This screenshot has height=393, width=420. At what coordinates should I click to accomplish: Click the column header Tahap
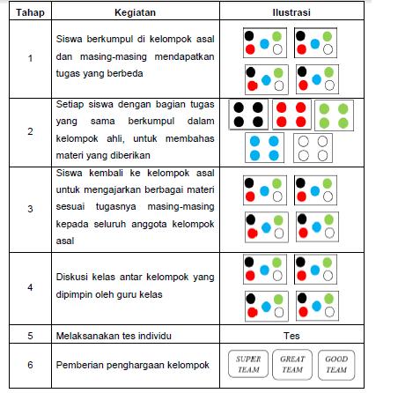[30, 13]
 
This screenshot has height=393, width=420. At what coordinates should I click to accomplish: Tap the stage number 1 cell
[30, 60]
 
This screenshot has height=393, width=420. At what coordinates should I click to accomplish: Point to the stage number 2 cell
[30, 131]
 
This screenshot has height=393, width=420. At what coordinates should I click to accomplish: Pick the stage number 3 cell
[30, 209]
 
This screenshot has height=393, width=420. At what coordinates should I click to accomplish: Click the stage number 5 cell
[30, 336]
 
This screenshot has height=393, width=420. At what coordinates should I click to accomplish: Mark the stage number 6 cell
[30, 365]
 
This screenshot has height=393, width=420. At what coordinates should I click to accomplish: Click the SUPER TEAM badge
[248, 365]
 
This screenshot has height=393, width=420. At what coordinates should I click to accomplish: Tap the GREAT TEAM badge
[292, 365]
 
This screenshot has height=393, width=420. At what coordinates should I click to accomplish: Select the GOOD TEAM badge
[336, 365]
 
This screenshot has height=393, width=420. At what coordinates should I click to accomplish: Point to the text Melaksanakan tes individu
[110, 336]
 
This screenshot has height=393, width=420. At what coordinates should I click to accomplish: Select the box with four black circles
[247, 115]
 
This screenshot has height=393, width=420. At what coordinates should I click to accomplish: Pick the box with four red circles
[291, 115]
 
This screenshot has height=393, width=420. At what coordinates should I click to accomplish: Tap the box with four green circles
[335, 115]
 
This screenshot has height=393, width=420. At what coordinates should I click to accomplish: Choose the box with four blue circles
[266, 147]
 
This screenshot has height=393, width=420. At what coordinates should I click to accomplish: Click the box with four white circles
[313, 147]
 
